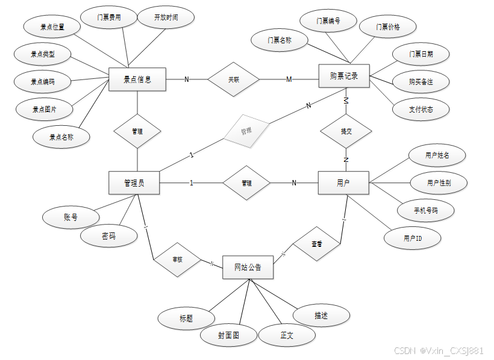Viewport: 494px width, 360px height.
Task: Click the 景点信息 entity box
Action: pos(137,79)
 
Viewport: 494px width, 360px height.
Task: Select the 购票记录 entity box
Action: pos(344,76)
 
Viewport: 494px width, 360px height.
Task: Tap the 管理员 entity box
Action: pos(134,183)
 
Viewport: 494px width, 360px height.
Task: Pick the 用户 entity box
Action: pos(343,183)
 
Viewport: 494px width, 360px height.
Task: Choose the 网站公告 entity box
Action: pos(248,267)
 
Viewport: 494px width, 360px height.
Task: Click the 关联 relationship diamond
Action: pos(233,79)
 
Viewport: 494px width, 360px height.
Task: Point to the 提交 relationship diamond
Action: pos(346,131)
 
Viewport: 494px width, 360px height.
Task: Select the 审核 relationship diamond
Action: pos(177,259)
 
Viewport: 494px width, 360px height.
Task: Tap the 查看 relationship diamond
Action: pos(316,244)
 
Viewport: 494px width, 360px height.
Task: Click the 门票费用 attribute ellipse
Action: pos(109,17)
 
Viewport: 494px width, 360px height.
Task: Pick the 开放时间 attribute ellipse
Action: pos(166,17)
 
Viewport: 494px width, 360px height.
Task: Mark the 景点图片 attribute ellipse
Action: pos(44,110)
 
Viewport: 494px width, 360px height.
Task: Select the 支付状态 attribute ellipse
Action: pos(421,110)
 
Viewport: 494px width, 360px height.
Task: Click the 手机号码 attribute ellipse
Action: pos(425,211)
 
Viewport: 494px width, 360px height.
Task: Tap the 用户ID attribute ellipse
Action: pos(413,238)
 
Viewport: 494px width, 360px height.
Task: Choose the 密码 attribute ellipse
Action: pos(108,237)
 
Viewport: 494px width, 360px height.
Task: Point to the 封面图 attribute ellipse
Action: pos(228,336)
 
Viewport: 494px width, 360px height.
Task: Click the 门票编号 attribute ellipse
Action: pos(328,21)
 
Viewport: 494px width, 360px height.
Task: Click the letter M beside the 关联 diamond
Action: pos(289,79)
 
